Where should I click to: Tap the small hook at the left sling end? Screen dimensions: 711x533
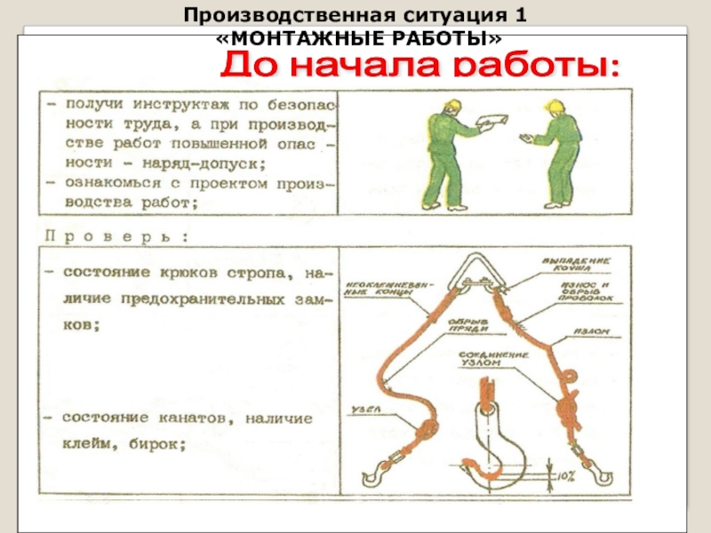pyautogui.click(x=372, y=465)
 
